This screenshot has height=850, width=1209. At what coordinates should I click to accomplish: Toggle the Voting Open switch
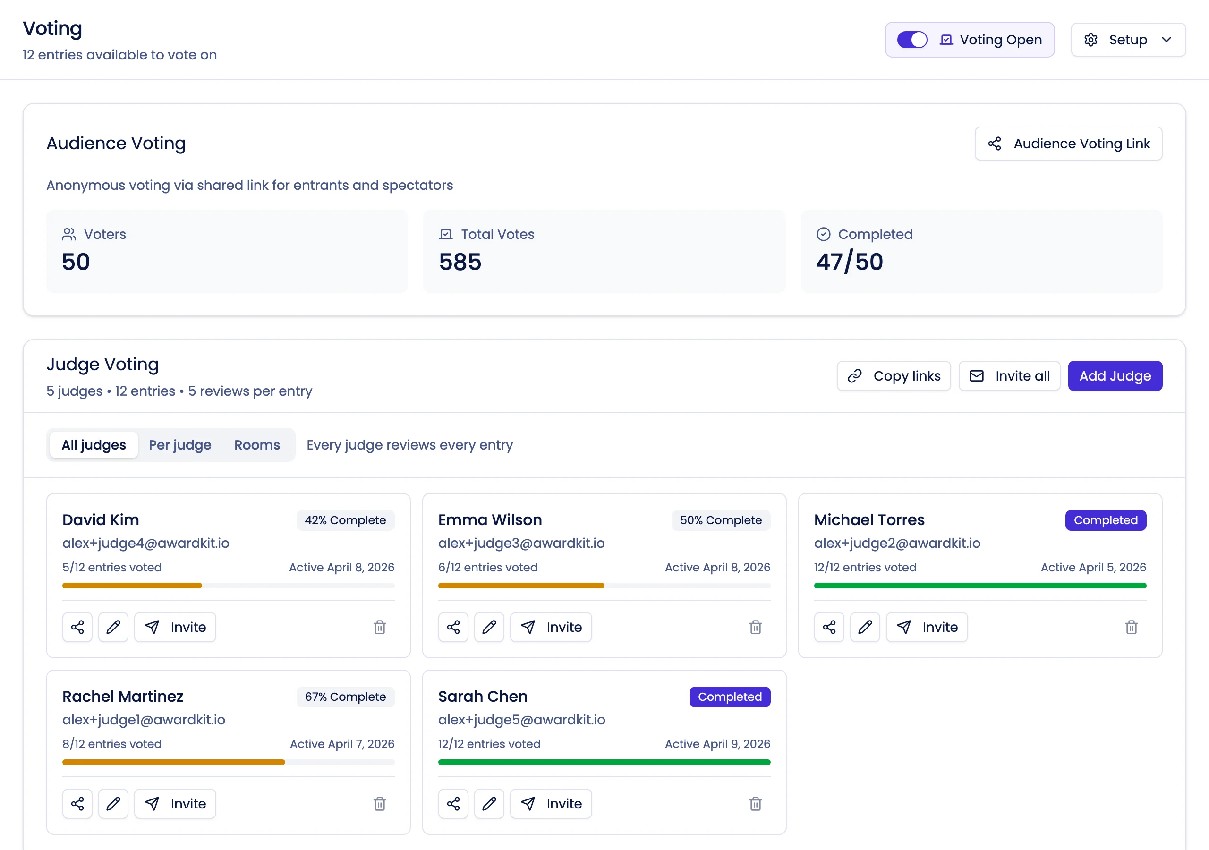pos(911,40)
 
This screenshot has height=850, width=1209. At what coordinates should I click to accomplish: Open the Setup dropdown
pos(1127,40)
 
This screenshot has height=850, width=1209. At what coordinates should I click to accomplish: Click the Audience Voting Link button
pos(1068,144)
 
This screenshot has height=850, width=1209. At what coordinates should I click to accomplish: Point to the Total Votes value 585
pos(460,262)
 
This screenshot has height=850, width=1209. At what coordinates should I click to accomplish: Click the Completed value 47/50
pos(849,262)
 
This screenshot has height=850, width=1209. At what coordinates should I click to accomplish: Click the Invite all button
pos(1009,376)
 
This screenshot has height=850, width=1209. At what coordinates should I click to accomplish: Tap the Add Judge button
pos(1115,376)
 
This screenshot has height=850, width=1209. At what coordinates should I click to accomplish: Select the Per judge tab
pos(179,445)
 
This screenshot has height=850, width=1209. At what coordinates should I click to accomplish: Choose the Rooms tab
pos(257,445)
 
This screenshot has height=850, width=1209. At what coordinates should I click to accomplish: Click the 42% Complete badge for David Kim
pos(345,520)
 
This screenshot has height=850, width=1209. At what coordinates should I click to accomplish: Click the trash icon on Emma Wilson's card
pos(755,627)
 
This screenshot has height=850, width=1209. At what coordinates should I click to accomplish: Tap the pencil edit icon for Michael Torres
pos(865,627)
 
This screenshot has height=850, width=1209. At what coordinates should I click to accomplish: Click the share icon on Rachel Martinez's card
pos(77,804)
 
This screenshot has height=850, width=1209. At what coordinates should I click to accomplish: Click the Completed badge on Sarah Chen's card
pos(729,697)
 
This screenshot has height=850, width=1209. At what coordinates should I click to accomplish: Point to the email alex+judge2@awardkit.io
pos(897,543)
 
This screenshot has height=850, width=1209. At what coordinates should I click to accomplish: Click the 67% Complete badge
pos(345,697)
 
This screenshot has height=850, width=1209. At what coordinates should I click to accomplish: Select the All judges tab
pos(94,445)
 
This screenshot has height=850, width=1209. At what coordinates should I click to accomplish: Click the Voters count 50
pos(76,262)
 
